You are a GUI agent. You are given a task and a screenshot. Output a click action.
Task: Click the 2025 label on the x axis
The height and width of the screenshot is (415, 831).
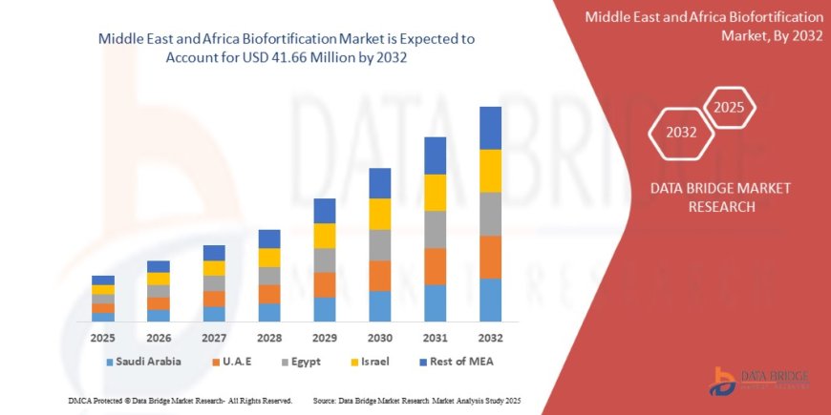point(103,339)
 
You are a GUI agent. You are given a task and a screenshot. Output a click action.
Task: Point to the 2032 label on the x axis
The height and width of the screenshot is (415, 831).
point(490,339)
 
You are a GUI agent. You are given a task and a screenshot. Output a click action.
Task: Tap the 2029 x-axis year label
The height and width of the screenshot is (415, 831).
point(324,339)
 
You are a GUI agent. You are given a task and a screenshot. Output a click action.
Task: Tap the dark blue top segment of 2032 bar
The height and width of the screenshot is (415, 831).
point(490,128)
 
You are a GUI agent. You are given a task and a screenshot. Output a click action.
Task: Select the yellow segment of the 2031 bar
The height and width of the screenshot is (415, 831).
point(435,193)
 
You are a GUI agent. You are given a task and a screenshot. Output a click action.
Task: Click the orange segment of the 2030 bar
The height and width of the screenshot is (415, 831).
point(379,276)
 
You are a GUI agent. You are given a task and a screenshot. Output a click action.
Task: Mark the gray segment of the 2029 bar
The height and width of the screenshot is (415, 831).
point(324,260)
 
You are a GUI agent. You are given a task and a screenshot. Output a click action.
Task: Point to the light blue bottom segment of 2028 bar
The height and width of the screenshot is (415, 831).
point(269,312)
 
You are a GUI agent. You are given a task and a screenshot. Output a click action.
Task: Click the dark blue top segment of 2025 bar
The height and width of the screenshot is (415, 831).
point(103,280)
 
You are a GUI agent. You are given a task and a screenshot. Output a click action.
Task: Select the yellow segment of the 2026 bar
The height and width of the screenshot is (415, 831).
point(159,279)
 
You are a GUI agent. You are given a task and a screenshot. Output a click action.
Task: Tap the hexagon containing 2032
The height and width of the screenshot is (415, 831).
point(681,133)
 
